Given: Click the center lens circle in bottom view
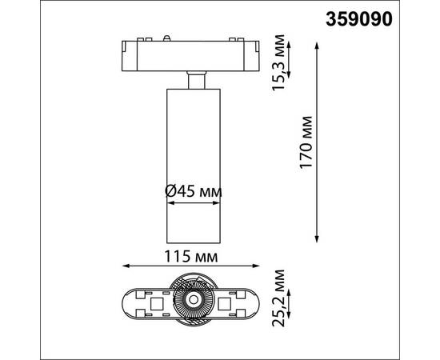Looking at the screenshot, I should coord(192,302).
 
